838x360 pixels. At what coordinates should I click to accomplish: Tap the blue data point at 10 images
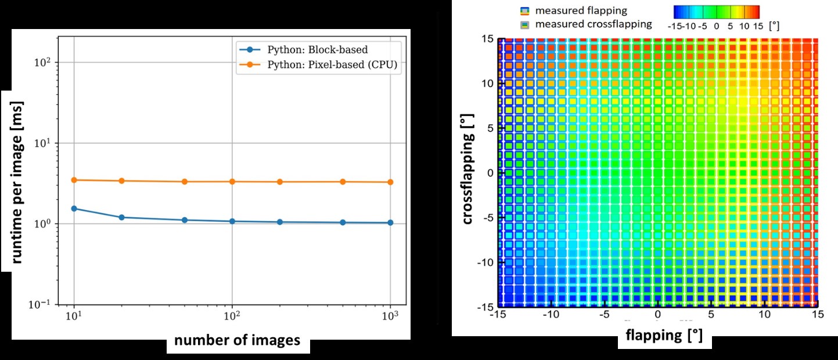[x=74, y=208]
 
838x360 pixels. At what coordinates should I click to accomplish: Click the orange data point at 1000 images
[x=390, y=182]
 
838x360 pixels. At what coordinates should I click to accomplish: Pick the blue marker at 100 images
[x=232, y=221]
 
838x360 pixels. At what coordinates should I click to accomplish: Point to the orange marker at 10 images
[x=74, y=180]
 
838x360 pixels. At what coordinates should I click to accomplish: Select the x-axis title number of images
[x=238, y=340]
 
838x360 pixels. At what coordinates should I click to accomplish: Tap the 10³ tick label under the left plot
[x=390, y=318]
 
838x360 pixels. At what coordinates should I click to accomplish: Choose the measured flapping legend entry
[x=573, y=10]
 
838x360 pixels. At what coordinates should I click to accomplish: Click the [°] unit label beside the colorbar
[x=774, y=26]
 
